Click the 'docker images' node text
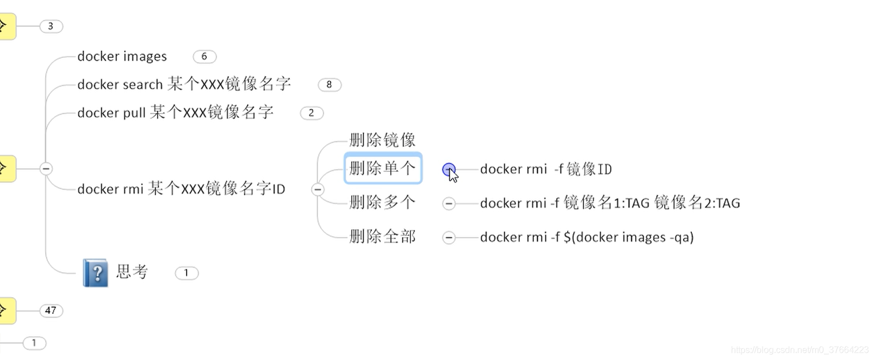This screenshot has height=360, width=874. [x=122, y=56]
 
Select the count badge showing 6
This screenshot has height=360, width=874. [x=204, y=56]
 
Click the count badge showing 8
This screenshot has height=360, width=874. [x=329, y=85]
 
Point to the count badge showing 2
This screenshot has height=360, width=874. [x=311, y=113]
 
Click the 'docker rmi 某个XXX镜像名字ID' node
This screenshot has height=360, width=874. [x=181, y=189]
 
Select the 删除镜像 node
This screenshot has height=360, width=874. [x=382, y=140]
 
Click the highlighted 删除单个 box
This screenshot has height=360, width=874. [x=382, y=168]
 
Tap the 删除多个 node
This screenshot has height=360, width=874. [x=382, y=203]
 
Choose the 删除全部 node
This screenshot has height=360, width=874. [x=382, y=237]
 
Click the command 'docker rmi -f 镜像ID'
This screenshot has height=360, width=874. [x=546, y=169]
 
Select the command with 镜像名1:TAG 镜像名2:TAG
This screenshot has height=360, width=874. [x=610, y=203]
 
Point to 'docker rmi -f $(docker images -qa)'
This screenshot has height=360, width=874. [x=587, y=238]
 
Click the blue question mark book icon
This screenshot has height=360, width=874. [x=96, y=273]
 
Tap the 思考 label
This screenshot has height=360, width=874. [x=132, y=272]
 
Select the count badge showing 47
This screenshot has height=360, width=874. [x=51, y=310]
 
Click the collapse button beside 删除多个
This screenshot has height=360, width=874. [x=449, y=204]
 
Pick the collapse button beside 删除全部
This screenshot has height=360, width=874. [x=449, y=238]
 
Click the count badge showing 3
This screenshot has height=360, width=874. [x=51, y=26]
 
